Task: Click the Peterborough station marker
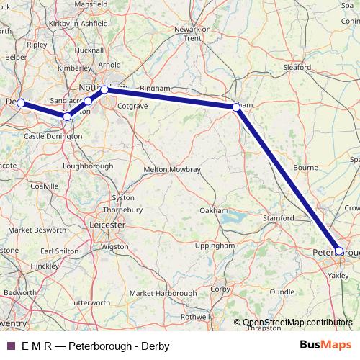tap(340, 251)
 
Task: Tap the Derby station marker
tap(21, 103)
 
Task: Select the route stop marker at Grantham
tap(236, 107)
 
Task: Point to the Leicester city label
tap(106, 225)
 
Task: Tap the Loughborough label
tap(89, 166)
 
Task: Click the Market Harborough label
tap(163, 293)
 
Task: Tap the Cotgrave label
tap(132, 107)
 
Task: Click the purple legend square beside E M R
tap(9, 346)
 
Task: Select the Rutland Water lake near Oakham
tap(233, 217)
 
